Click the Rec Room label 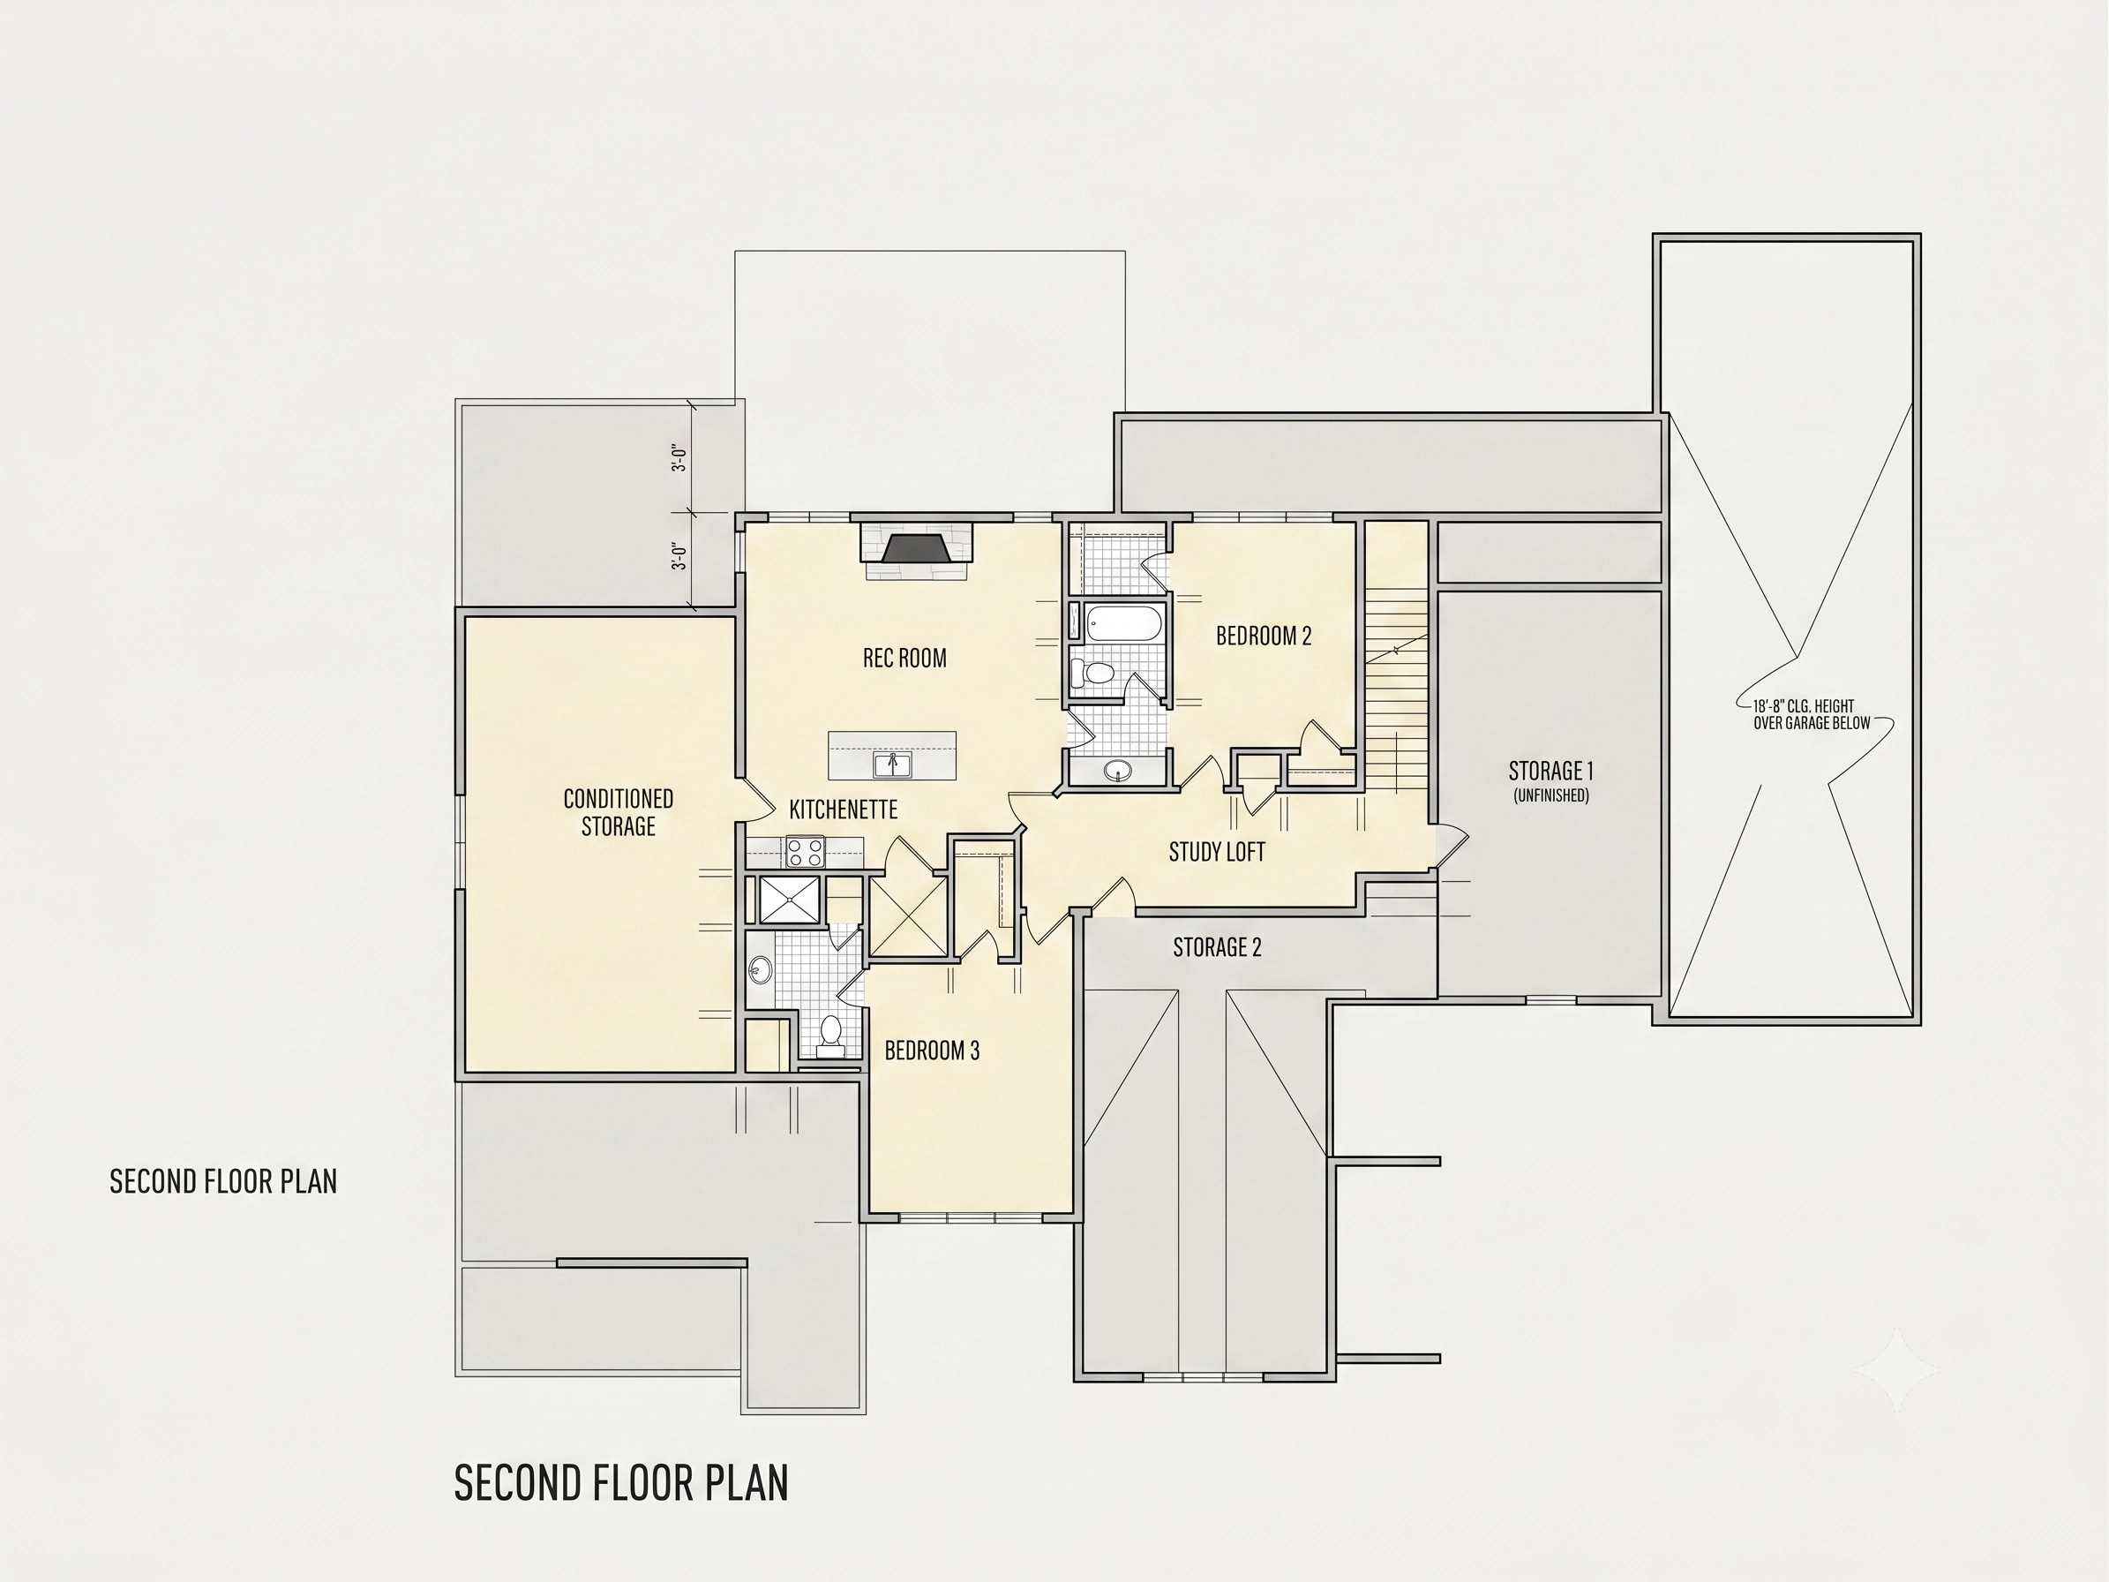(904, 658)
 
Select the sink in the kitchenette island (892, 765)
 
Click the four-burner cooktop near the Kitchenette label (805, 852)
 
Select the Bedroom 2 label (1264, 636)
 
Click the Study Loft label (1217, 852)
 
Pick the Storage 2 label (1217, 947)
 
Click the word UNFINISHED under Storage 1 (1551, 795)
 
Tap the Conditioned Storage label (618, 812)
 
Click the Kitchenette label (844, 810)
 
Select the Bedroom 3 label (932, 1051)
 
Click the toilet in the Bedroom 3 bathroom (830, 1036)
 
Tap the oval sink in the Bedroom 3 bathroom (760, 970)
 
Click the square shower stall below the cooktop (789, 900)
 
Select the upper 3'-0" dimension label (679, 457)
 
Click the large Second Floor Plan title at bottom (620, 1483)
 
